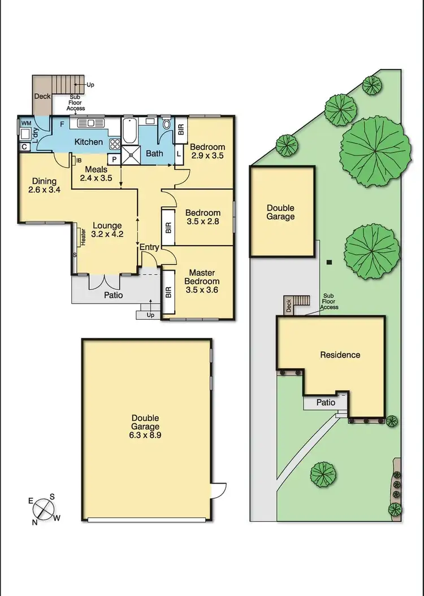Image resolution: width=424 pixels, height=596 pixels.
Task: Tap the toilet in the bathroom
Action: pyautogui.click(x=167, y=125)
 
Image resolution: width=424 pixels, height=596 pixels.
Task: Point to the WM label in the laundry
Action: pyautogui.click(x=26, y=123)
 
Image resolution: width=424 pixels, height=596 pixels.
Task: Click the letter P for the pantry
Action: pyautogui.click(x=114, y=160)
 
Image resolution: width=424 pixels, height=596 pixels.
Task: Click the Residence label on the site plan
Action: pyautogui.click(x=340, y=355)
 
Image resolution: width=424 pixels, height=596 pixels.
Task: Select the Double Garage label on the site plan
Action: pyautogui.click(x=281, y=212)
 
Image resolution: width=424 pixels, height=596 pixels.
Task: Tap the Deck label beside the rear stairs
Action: pyautogui.click(x=42, y=96)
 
